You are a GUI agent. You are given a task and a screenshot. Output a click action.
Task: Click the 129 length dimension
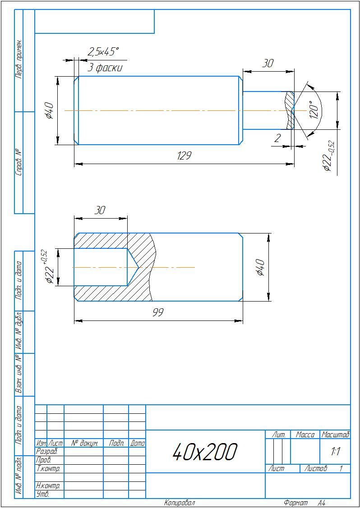click(184, 156)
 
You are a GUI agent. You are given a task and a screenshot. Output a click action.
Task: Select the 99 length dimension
click(158, 312)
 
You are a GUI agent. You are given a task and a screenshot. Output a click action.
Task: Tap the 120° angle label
click(314, 110)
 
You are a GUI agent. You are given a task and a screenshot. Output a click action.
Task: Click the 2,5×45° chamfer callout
click(103, 52)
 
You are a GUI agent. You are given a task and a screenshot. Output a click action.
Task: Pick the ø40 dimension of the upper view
click(50, 110)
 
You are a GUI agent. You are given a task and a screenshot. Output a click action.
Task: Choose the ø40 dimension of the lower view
click(261, 267)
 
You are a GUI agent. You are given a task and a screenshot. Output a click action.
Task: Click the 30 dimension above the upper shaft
click(268, 64)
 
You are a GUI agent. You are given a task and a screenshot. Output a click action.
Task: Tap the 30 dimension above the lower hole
click(100, 211)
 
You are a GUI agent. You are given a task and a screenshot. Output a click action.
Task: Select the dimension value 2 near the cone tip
click(277, 138)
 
